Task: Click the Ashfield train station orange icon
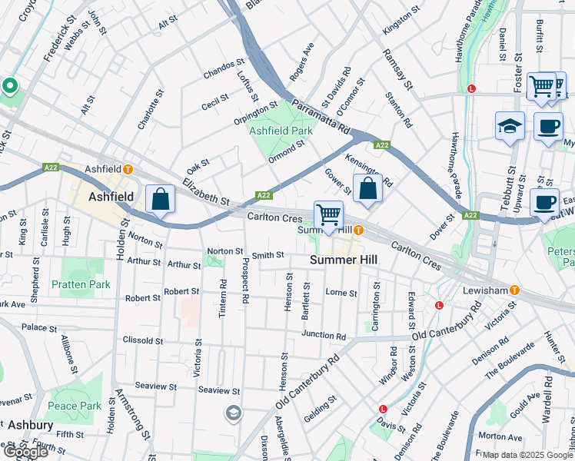click(128, 169)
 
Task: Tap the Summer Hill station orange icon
click(358, 230)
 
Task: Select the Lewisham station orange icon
click(514, 290)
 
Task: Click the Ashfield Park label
click(281, 131)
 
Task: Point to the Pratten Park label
click(81, 284)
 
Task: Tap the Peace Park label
click(75, 406)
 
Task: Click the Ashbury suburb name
click(31, 424)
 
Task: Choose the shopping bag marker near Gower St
click(367, 187)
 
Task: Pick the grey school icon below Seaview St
click(233, 413)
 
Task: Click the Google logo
click(26, 452)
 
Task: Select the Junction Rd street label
click(324, 335)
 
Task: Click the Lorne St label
click(341, 293)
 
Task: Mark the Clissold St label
click(144, 340)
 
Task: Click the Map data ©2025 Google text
click(527, 455)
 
